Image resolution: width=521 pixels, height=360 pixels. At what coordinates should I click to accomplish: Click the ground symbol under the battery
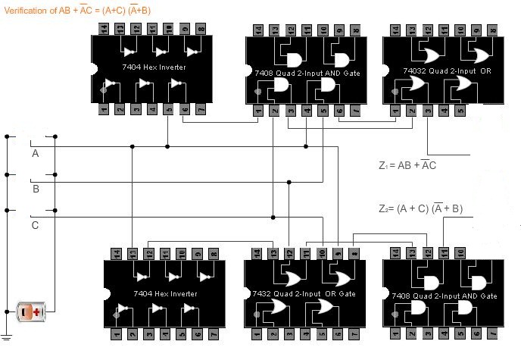7,336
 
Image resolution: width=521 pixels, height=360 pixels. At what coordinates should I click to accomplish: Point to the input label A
35,154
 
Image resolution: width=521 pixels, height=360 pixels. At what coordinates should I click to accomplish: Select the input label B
35,189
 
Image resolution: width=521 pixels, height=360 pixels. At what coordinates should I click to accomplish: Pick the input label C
35,225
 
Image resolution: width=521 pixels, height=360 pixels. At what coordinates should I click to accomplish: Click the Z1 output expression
407,164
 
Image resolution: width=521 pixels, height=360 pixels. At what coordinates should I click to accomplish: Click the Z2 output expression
421,209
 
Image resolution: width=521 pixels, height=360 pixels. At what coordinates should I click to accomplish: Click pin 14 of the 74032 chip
395,30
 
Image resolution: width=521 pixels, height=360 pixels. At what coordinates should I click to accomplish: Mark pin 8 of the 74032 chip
494,30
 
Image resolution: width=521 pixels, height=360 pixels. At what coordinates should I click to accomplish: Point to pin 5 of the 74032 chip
461,112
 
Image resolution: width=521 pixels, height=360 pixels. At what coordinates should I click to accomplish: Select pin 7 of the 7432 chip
354,334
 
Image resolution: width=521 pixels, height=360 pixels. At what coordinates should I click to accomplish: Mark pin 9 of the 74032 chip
477,30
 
